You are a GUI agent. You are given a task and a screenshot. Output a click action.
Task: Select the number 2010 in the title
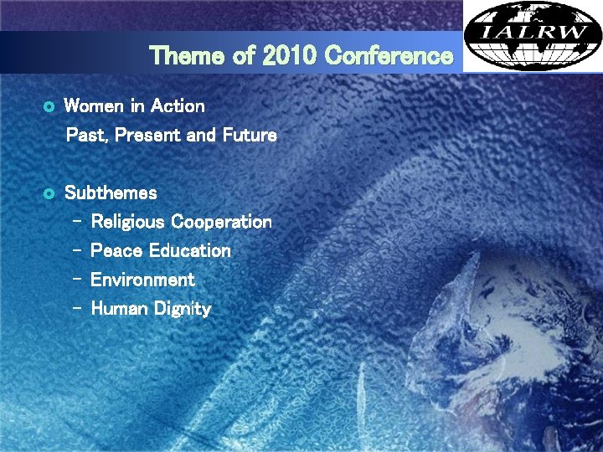(x=290, y=56)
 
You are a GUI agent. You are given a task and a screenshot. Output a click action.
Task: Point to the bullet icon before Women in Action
(x=48, y=107)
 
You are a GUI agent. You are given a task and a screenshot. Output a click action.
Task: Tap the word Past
(x=86, y=135)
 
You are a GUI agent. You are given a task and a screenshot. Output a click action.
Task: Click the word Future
(x=250, y=135)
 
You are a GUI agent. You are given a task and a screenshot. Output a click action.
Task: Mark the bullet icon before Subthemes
(x=48, y=193)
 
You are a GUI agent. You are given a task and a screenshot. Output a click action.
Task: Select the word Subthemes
(x=111, y=193)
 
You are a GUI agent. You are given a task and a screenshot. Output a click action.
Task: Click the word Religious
(x=127, y=222)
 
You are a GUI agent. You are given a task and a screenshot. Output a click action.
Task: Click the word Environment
(x=142, y=280)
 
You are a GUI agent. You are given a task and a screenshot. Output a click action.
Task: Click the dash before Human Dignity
(x=77, y=309)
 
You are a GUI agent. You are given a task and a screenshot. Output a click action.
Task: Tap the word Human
(x=116, y=309)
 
